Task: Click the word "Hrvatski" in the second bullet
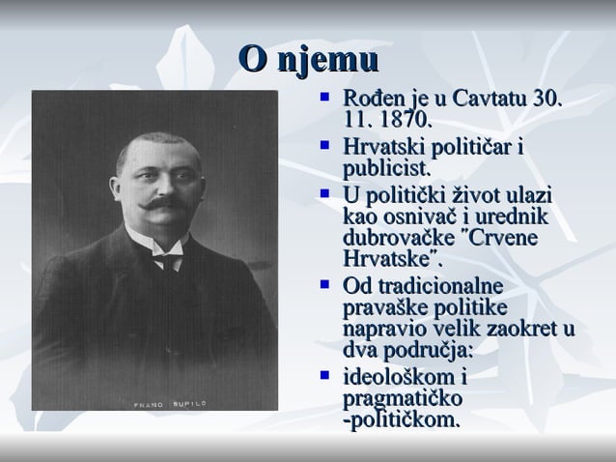(385, 148)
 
